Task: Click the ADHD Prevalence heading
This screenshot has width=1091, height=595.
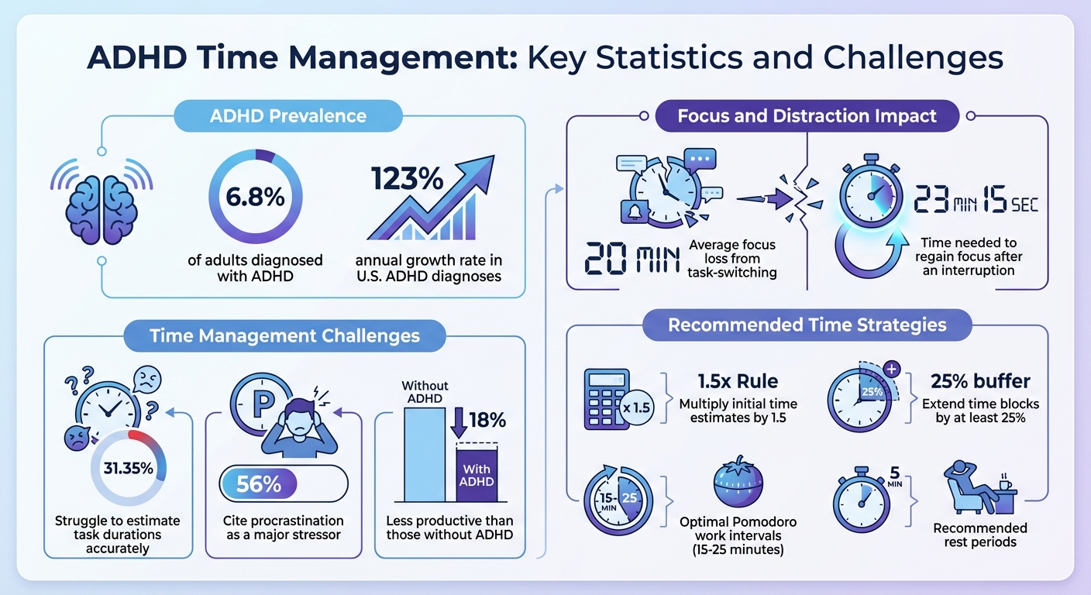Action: point(288,116)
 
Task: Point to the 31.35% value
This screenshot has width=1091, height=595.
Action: point(129,469)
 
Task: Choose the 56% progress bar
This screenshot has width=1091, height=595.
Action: point(283,485)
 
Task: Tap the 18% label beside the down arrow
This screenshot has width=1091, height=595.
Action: point(488,420)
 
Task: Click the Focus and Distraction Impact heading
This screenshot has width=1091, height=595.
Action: point(807,116)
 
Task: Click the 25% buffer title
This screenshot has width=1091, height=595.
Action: point(980,381)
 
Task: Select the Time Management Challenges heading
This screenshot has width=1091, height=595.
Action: point(284,335)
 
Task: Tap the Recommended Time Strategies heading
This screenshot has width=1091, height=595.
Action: point(807,324)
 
